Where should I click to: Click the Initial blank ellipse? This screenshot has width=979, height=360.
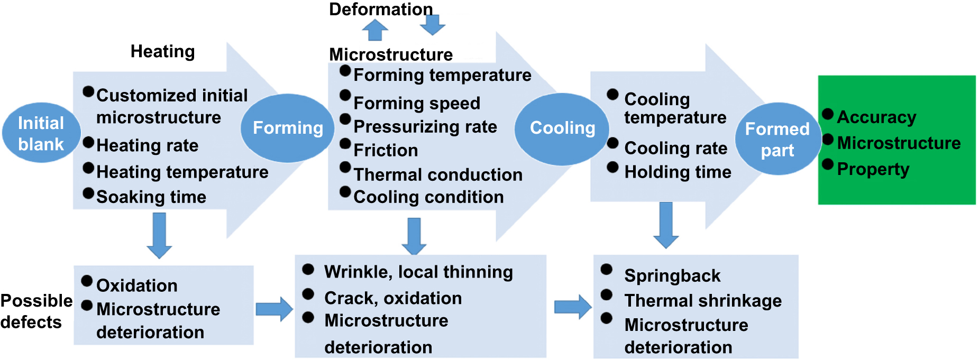tap(41, 133)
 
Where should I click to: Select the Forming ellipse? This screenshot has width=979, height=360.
tap(288, 128)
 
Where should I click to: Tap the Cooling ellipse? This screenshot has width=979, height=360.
tap(562, 128)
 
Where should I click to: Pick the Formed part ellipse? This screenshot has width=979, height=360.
tap(777, 139)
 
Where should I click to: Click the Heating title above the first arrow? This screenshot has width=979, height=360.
tap(162, 52)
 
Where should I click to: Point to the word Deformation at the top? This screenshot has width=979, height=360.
tap(380, 9)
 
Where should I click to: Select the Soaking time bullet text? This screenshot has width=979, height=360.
tap(151, 197)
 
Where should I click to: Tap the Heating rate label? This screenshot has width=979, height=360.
tap(147, 145)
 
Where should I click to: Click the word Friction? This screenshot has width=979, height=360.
tap(386, 151)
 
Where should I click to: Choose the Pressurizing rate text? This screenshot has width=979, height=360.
tap(425, 127)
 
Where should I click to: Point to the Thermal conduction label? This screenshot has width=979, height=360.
tap(437, 174)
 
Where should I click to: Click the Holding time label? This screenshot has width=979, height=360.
tap(678, 172)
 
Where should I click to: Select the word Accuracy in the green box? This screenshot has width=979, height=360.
tap(876, 117)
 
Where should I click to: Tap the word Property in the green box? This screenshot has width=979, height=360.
tap(873, 169)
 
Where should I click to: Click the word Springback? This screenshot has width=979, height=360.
tap(672, 275)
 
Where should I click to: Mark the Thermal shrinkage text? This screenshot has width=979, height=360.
tap(702, 300)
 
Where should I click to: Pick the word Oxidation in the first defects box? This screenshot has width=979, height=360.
tap(136, 285)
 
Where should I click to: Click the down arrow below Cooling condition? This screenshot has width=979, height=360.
tap(414, 236)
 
